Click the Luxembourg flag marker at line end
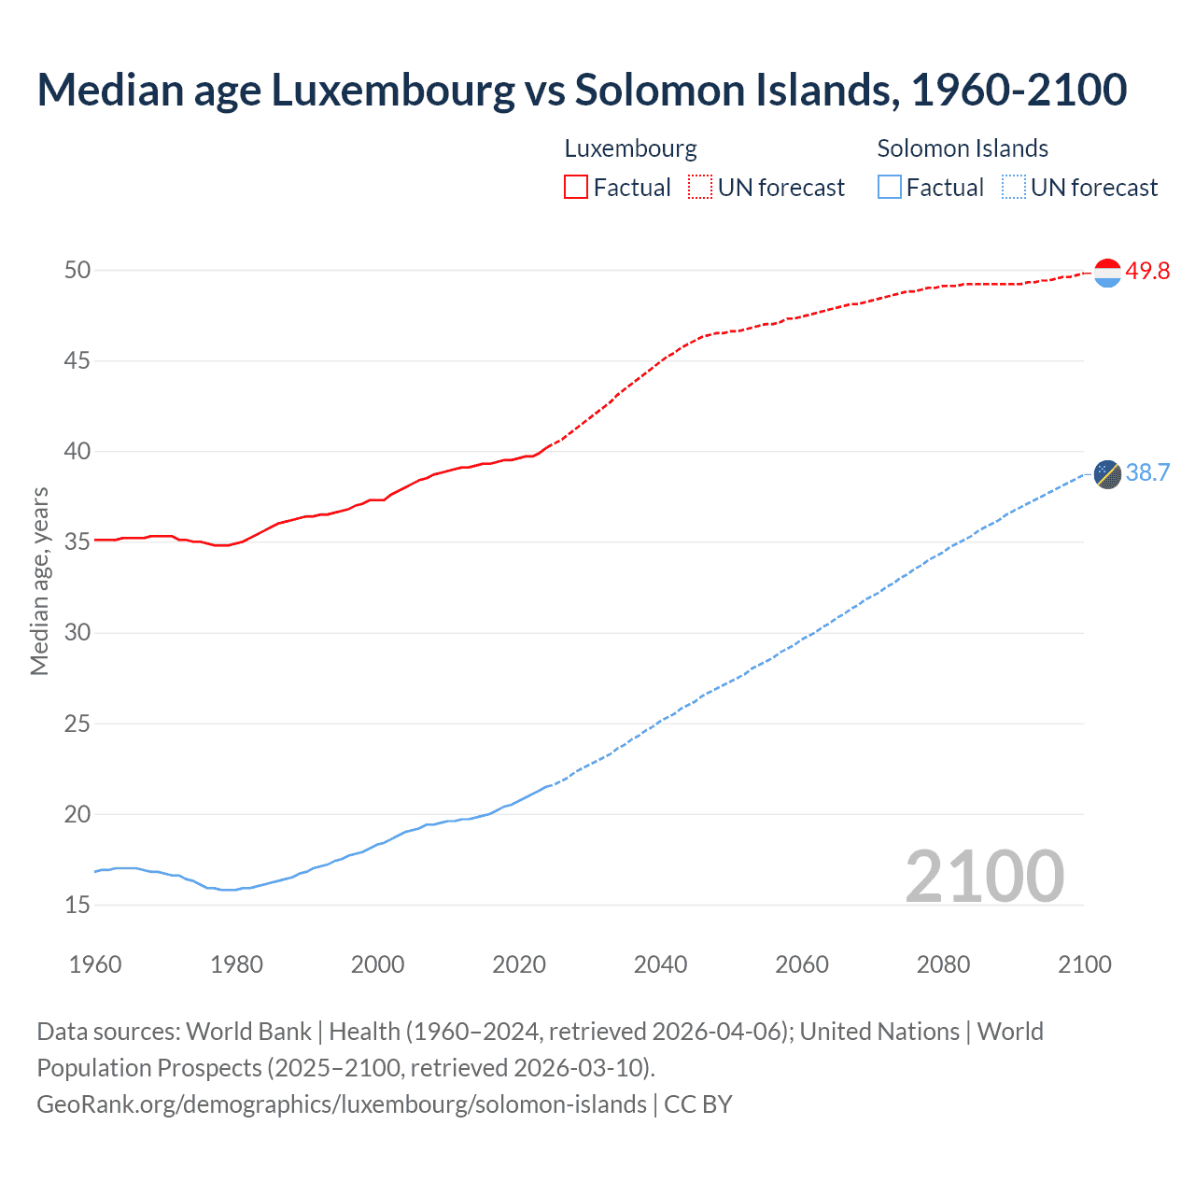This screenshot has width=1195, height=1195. pyautogui.click(x=1107, y=273)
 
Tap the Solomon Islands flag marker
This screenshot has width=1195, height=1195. pyautogui.click(x=1107, y=474)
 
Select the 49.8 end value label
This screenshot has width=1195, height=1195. pyautogui.click(x=1147, y=272)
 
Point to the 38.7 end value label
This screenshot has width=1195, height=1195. pyautogui.click(x=1147, y=473)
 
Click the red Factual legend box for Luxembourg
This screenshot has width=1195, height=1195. pyautogui.click(x=576, y=188)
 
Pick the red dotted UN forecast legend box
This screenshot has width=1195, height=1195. pyautogui.click(x=700, y=188)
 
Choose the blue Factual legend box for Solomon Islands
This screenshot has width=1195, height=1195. pyautogui.click(x=890, y=188)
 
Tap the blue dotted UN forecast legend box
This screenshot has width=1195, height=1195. pyautogui.click(x=1014, y=188)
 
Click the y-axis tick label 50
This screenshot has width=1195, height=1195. pyautogui.click(x=77, y=271)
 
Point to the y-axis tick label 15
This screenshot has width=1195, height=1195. pyautogui.click(x=77, y=905)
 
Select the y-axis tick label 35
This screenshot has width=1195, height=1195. pyautogui.click(x=77, y=542)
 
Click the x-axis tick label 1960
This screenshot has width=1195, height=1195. pyautogui.click(x=95, y=964)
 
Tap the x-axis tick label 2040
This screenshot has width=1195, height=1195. pyautogui.click(x=660, y=964)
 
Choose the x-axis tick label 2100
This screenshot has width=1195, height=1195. pyautogui.click(x=1084, y=964)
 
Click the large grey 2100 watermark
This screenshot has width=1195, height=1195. pyautogui.click(x=984, y=876)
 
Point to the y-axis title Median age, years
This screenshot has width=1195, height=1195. pyautogui.click(x=39, y=581)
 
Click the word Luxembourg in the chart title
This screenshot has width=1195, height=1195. pyautogui.click(x=393, y=91)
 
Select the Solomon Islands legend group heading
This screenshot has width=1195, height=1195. pyautogui.click(x=963, y=148)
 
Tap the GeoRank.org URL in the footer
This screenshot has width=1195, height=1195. pyautogui.click(x=341, y=1104)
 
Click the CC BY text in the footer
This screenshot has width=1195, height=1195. pyautogui.click(x=697, y=1104)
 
